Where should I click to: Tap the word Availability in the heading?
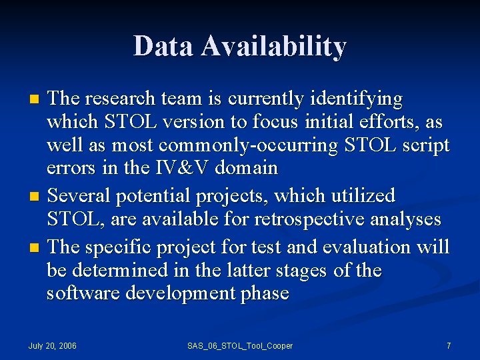click(274, 47)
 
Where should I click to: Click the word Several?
click(81, 196)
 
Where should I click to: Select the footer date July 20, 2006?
click(52, 345)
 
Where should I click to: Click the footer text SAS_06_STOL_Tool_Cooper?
click(240, 345)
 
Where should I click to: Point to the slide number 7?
click(449, 345)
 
